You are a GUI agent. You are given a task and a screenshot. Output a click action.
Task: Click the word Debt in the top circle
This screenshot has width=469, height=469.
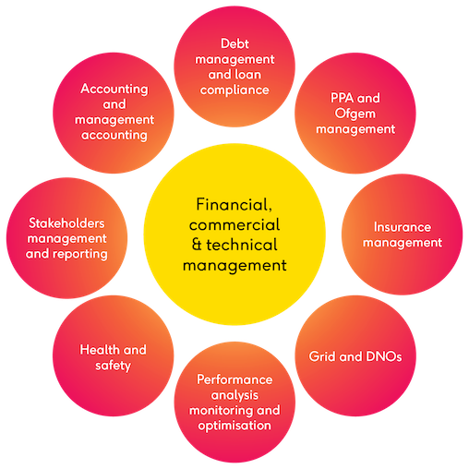(x=234, y=43)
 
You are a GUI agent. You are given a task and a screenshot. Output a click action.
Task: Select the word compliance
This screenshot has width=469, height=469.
(x=234, y=90)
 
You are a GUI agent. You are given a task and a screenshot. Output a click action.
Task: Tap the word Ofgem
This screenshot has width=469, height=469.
(x=355, y=114)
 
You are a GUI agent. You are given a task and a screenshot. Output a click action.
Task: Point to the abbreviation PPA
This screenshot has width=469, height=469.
(x=342, y=98)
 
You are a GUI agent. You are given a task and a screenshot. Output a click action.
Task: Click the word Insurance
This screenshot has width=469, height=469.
(x=403, y=227)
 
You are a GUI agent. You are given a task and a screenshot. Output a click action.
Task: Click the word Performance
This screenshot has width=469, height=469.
(x=234, y=379)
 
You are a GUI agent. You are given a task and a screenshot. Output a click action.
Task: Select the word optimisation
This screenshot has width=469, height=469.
(x=234, y=426)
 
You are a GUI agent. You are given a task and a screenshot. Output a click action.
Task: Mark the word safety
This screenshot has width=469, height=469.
(x=113, y=366)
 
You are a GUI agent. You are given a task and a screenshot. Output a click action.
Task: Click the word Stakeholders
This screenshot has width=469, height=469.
(x=66, y=223)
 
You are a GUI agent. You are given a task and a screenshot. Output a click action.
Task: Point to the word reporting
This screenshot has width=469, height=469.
(x=80, y=255)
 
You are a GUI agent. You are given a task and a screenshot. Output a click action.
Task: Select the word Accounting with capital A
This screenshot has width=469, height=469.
(x=114, y=90)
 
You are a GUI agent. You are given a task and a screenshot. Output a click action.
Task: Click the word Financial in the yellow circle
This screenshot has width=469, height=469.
(x=234, y=205)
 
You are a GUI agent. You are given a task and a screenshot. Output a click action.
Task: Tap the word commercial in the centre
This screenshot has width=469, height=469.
(x=234, y=224)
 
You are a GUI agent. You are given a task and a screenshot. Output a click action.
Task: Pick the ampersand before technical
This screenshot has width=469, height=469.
(x=197, y=245)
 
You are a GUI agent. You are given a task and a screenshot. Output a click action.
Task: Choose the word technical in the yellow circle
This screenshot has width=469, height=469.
(x=242, y=245)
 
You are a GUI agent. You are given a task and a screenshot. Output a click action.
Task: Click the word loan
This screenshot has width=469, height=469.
(x=247, y=75)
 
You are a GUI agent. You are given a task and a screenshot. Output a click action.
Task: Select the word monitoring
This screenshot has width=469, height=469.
(x=219, y=411)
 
